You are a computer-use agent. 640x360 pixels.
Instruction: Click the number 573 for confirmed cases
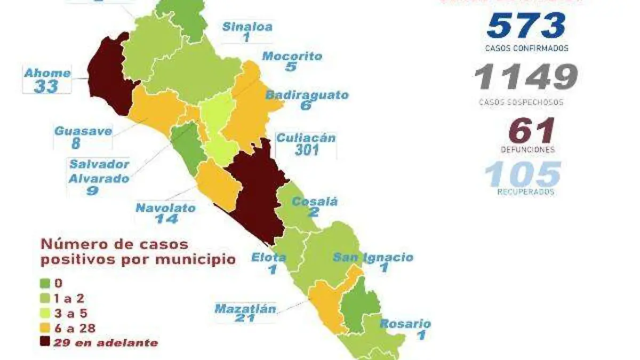pyautogui.click(x=526, y=25)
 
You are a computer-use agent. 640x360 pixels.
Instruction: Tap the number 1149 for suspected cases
pyautogui.click(x=526, y=78)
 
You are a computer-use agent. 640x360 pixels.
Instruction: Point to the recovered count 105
pyautogui.click(x=523, y=174)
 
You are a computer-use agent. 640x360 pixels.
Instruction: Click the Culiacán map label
pyautogui.click(x=306, y=138)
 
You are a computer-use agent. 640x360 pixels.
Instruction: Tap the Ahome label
pyautogui.click(x=47, y=73)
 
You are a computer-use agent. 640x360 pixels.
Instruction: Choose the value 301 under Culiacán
pyautogui.click(x=306, y=150)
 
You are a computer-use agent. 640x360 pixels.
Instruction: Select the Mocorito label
pyautogui.click(x=292, y=56)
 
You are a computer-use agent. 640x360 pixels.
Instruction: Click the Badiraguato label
pyautogui.click(x=307, y=95)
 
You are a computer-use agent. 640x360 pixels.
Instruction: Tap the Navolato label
pyautogui.click(x=165, y=208)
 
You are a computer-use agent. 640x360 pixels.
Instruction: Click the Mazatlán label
pyautogui.click(x=245, y=308)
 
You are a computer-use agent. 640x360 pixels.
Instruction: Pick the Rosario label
pyautogui.click(x=405, y=323)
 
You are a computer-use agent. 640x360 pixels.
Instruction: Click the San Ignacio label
pyautogui.click(x=373, y=257)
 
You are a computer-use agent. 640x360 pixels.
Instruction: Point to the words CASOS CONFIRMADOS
pyautogui.click(x=526, y=48)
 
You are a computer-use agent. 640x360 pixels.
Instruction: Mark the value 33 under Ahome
pyautogui.click(x=46, y=86)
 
